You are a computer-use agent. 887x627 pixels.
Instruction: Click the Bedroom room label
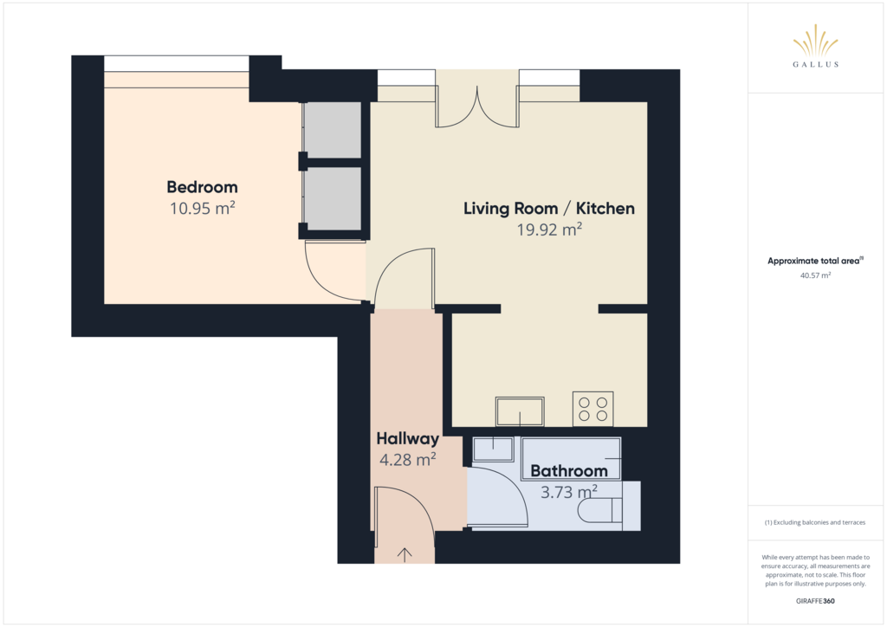(202, 187)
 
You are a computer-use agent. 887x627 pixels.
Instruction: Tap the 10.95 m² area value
(203, 208)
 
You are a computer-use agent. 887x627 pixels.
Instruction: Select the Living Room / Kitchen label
(548, 209)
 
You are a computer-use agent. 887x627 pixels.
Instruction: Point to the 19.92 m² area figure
(549, 229)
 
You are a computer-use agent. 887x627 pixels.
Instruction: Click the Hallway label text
(407, 439)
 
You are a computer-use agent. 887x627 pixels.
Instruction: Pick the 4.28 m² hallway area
(407, 460)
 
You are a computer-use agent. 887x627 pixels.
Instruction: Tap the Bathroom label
(568, 471)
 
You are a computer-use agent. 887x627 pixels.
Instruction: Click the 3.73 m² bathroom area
(568, 492)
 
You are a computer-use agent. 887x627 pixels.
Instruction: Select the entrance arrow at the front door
(405, 554)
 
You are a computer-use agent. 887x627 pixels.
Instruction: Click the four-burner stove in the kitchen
(592, 410)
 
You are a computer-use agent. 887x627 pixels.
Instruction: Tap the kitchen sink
(520, 411)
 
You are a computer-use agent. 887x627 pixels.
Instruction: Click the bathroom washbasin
(493, 449)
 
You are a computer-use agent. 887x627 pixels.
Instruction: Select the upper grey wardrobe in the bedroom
(333, 130)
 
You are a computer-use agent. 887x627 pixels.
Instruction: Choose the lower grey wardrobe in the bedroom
(333, 198)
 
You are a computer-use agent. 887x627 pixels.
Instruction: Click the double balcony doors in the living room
(477, 107)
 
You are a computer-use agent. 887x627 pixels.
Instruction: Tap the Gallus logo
(815, 46)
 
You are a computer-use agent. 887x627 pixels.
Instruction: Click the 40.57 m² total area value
(815, 276)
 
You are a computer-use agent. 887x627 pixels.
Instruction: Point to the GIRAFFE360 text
(815, 601)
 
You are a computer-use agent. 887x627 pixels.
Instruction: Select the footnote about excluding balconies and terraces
(815, 522)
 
